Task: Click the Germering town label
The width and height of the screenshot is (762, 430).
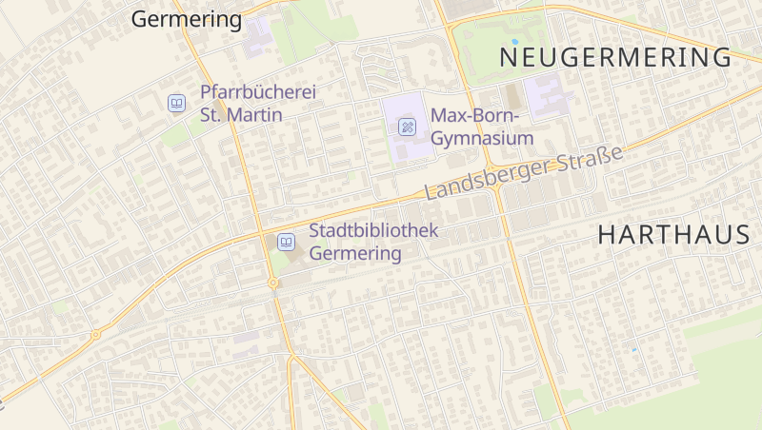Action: click(187, 19)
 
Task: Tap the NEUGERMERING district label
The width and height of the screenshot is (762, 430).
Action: click(616, 57)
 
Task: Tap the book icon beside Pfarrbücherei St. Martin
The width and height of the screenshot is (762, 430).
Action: click(176, 103)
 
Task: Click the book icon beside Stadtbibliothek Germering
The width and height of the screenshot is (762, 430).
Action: click(286, 242)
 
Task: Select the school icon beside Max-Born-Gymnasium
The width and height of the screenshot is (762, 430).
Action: click(407, 127)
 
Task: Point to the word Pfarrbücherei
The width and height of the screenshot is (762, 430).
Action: click(257, 93)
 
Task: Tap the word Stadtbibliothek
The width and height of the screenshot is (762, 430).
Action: click(373, 231)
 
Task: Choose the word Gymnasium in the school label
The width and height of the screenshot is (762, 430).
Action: click(482, 139)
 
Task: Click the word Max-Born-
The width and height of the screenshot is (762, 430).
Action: click(474, 116)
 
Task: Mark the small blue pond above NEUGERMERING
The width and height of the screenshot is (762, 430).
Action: click(515, 42)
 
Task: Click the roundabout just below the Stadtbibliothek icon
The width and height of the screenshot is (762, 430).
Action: click(273, 283)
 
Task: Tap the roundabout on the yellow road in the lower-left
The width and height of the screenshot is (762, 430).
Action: click(95, 334)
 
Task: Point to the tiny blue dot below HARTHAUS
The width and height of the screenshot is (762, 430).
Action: click(633, 350)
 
